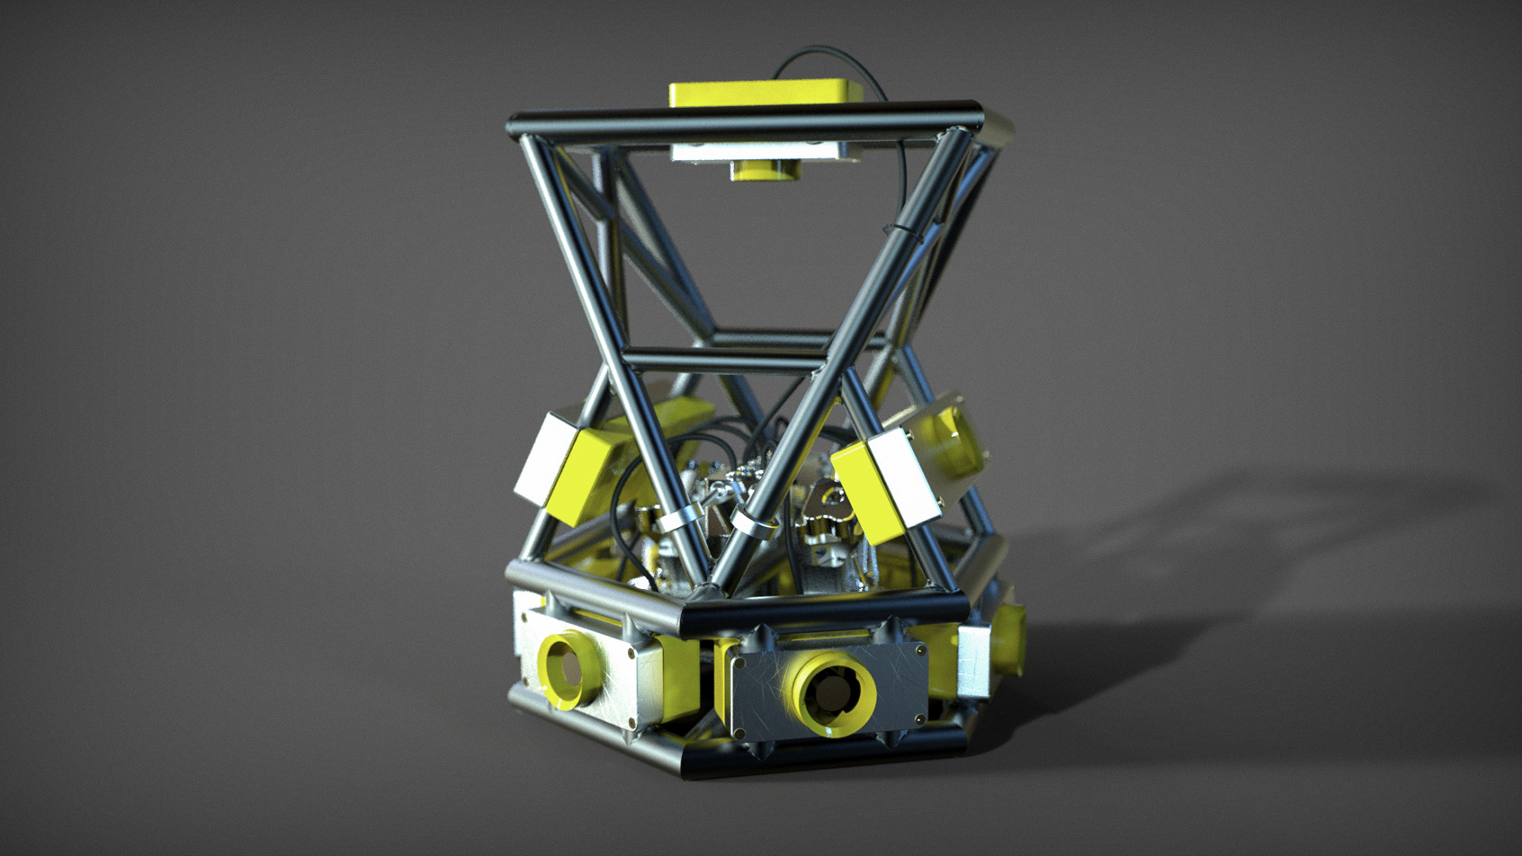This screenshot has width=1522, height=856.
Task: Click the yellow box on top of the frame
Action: (764, 92)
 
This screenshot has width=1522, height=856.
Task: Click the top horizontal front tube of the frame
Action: (744, 122)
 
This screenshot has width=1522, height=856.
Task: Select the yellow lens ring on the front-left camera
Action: (565, 666)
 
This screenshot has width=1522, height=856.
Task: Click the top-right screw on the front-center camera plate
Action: (918, 649)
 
